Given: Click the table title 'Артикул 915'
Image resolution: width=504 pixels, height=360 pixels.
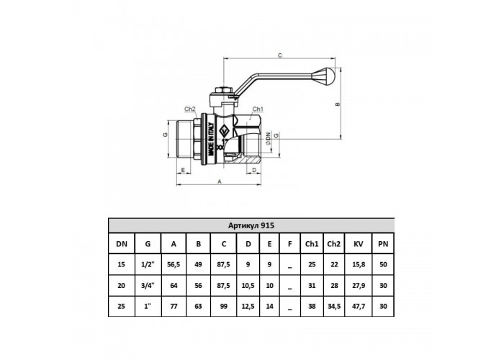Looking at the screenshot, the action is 251,225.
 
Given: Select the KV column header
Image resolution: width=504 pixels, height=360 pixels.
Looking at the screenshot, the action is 358,244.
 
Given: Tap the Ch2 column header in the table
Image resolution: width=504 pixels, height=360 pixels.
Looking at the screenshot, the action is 333,244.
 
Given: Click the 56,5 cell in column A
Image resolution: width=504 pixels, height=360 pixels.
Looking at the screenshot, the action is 174,264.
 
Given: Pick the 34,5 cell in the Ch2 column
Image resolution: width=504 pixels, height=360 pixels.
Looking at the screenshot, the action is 334,306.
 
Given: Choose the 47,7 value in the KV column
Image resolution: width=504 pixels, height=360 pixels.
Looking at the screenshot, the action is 359,306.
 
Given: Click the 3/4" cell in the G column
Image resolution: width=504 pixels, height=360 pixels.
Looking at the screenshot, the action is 148,285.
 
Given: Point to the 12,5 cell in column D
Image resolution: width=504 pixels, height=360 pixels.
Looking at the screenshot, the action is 248,306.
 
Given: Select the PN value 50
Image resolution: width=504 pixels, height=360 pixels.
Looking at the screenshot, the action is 383,264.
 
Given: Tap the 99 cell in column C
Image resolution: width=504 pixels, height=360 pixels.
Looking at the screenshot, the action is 224,306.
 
